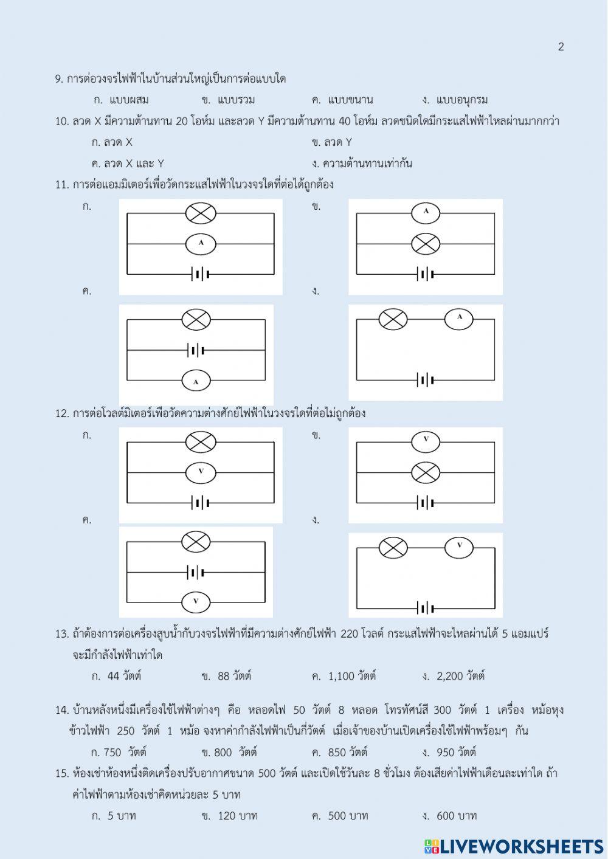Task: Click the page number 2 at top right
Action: point(561,47)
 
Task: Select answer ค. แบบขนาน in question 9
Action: point(342,100)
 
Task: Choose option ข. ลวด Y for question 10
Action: point(332,142)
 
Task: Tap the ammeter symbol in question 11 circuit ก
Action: point(201,244)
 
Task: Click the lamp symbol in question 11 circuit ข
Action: point(426,244)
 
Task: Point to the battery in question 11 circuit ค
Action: point(196,350)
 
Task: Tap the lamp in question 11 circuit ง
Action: point(393,319)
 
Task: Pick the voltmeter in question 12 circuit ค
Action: point(196,601)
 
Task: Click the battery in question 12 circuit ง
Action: point(426,608)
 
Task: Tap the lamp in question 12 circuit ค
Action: point(196,541)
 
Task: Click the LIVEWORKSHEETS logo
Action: point(514,847)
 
